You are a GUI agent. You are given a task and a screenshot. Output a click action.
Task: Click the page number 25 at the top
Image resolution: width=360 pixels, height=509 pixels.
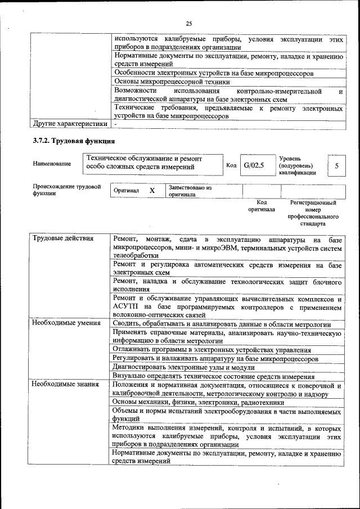tap(189, 23)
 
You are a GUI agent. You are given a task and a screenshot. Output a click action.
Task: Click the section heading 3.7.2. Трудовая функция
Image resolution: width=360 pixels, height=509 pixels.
tap(74, 141)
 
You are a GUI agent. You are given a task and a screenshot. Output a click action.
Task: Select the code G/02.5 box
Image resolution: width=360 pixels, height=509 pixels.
tap(254, 165)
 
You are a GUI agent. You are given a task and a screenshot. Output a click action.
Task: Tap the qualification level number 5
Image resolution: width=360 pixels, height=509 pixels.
tap(336, 166)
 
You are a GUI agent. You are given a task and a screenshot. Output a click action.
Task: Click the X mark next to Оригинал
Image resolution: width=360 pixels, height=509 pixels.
tap(152, 191)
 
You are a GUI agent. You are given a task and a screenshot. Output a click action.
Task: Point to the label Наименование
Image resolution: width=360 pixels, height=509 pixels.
tap(52, 164)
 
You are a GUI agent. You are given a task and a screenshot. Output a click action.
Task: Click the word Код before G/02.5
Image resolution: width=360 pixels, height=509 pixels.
tap(231, 165)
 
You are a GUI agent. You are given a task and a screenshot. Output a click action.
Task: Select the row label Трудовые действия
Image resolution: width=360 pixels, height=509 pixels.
tap(62, 239)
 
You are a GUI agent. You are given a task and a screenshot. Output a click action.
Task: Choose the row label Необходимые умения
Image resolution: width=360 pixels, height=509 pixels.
tap(66, 323)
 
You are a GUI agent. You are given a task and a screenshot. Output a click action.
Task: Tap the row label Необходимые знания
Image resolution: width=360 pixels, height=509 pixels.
tap(65, 385)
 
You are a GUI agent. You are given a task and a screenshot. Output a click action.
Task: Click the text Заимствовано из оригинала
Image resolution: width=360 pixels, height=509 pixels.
tap(190, 191)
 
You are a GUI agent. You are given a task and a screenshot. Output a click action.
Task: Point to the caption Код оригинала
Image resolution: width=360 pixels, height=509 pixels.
tap(262, 206)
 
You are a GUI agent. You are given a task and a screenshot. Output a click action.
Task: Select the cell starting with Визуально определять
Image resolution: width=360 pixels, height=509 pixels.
tap(213, 376)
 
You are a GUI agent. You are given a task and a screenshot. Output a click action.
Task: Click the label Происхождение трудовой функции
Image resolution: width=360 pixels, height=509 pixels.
tap(66, 190)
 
